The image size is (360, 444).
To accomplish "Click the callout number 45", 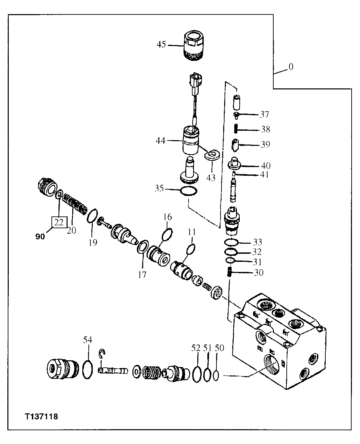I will pos(161,44).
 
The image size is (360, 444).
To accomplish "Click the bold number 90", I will pos(40,237).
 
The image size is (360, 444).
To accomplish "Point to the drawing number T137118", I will pos(41,417).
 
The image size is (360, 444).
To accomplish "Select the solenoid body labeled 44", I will pos(191,139).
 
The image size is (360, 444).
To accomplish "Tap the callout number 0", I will pos(291,67).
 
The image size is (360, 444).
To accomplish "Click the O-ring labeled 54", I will pos(87,370).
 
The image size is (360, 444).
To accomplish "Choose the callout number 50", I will pos(219,348).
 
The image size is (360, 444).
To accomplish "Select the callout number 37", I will pos(264,115).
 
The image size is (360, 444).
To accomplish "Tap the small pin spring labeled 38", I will pos(237,129).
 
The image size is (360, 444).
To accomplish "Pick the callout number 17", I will pos(142,275).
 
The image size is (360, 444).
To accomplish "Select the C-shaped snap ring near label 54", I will pos(103,354).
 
